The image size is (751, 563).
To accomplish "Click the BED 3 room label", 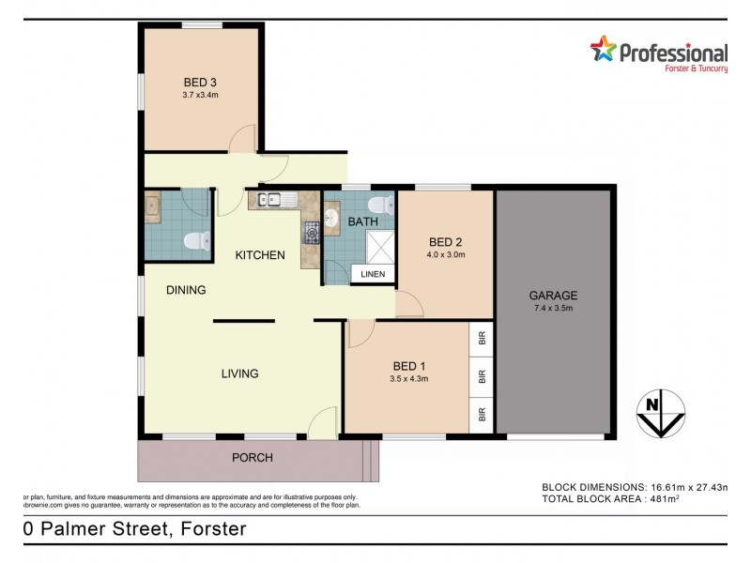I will [x=200, y=82].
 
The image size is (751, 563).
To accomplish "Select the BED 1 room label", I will [x=409, y=366].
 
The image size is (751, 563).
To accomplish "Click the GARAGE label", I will [x=553, y=295].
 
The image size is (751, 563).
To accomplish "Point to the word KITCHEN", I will [x=260, y=255].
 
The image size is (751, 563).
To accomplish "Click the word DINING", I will [x=186, y=290].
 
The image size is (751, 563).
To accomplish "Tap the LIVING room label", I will [x=239, y=373].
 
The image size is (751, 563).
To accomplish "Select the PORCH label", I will [x=253, y=458].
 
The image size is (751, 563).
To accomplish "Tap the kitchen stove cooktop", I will [x=312, y=232].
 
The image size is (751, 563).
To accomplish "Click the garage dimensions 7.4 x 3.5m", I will [x=553, y=308].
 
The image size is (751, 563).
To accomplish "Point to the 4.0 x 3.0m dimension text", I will [x=446, y=254].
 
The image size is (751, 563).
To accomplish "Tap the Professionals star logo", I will [x=603, y=49].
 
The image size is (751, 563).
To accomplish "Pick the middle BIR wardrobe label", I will [x=483, y=376].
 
